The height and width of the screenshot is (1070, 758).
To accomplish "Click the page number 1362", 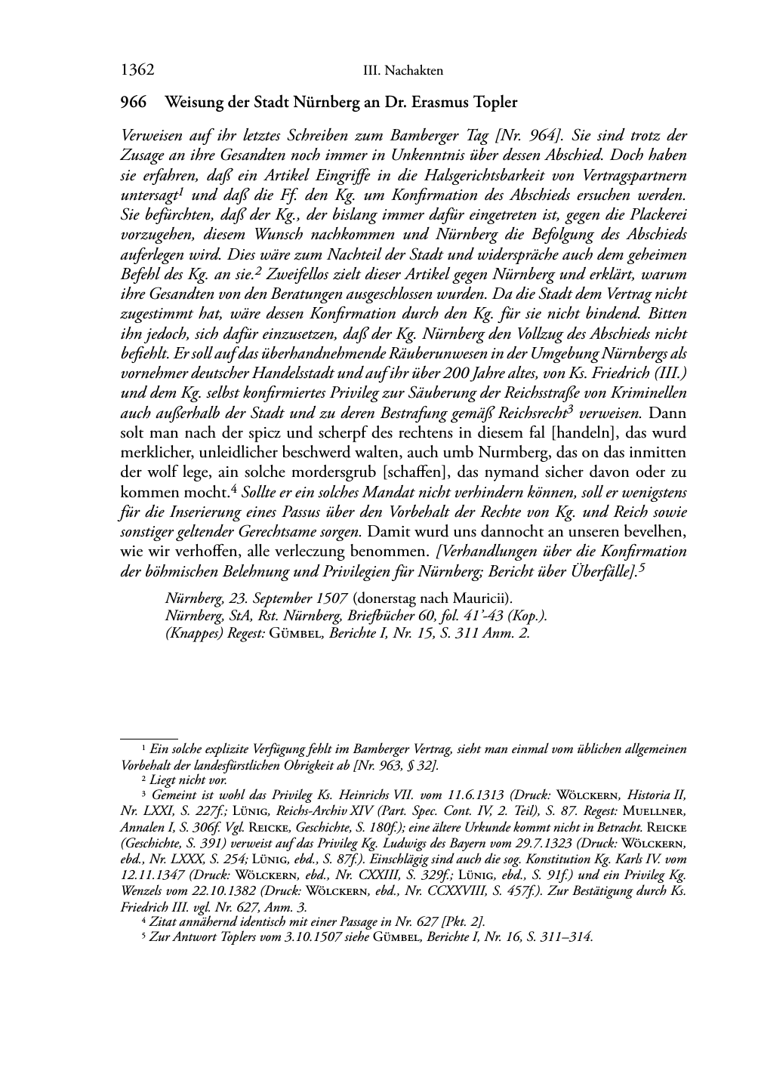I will [137, 71].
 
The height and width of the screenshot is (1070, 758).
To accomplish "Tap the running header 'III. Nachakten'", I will [402, 71].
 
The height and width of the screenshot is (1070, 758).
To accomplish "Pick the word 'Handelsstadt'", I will [309, 374].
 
